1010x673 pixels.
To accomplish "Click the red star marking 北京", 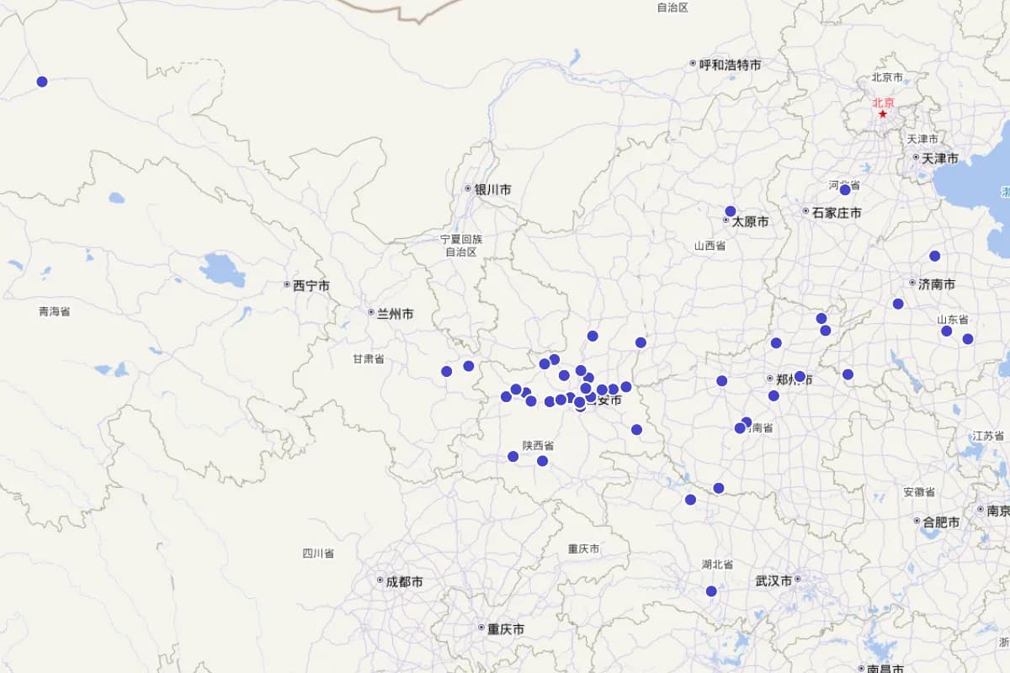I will coord(883,114).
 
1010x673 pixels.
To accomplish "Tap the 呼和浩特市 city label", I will coord(730,65).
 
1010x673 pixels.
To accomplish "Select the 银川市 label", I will coord(492,189).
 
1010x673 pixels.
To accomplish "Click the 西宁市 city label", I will coord(311,286).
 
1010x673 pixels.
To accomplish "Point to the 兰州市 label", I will coord(395,314).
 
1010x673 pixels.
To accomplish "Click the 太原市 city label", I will coord(750,222).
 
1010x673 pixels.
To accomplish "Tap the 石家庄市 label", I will coord(836,213).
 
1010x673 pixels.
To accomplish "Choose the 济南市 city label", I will coord(937,284).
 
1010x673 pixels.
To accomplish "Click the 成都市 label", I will coord(404,582).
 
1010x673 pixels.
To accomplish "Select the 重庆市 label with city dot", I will coord(505,629).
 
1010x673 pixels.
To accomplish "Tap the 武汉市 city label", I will coord(773,581).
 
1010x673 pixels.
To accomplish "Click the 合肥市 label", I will coord(941,522).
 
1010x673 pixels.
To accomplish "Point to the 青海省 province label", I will coord(55,311).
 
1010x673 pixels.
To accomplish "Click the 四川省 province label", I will coord(318,554).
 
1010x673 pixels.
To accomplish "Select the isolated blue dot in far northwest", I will coord(42,82).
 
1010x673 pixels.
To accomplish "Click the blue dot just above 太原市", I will coord(730,211).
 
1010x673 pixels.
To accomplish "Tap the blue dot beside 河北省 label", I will coord(845,190).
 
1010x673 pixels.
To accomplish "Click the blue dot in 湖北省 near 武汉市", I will coord(711,591).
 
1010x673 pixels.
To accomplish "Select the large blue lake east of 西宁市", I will coord(222,270).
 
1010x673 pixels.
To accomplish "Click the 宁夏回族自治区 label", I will coord(461,245).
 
